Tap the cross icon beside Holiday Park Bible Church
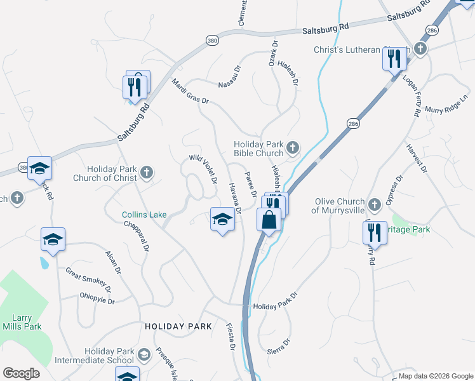[x=292, y=148]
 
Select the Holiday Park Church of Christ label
[x=114, y=173]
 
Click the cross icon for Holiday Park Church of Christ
[x=147, y=172]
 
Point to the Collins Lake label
[x=144, y=215]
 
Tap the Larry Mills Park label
[x=27, y=322]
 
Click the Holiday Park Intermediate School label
[x=109, y=356]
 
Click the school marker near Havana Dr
[x=222, y=220]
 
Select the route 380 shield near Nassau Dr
[x=212, y=40]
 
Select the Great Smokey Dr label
[x=88, y=279]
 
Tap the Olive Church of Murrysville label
[x=346, y=206]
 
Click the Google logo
[x=22, y=373]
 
